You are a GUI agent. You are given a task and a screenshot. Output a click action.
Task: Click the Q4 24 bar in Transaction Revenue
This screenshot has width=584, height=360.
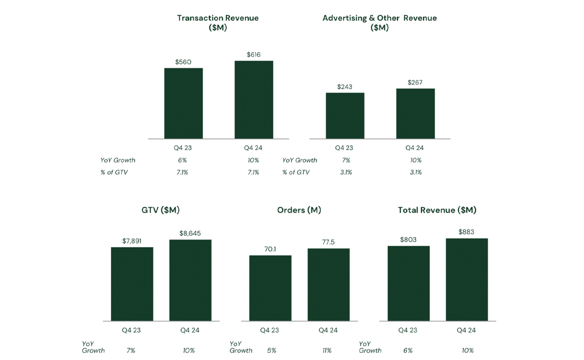point(254,100)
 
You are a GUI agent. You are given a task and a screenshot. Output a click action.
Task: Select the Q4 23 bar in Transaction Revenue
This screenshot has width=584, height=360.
point(183,103)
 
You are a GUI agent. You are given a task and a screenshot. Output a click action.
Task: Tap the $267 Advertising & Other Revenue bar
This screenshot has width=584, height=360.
point(415,113)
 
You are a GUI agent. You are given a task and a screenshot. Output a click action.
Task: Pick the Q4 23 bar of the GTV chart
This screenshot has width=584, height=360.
point(132,284)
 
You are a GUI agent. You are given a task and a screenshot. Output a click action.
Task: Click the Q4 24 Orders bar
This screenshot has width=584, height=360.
point(328,285)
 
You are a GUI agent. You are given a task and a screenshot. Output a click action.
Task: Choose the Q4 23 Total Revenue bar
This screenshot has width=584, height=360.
point(408,283)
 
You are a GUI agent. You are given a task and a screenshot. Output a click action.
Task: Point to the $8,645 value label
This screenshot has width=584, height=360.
point(190,234)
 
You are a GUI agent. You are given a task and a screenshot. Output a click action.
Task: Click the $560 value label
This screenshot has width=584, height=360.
point(183,62)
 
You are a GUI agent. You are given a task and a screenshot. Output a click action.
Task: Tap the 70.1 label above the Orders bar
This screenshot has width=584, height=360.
point(270,249)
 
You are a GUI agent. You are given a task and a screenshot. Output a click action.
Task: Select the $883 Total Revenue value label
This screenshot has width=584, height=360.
point(466,232)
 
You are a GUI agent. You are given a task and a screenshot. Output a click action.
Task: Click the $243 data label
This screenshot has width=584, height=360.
point(345,87)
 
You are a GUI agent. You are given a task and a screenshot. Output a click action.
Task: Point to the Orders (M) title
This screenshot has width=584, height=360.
point(299,210)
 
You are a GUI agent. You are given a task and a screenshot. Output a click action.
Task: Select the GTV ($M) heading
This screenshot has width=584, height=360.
point(161,210)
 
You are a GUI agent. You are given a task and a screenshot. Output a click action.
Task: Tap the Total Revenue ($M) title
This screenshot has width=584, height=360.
point(437,210)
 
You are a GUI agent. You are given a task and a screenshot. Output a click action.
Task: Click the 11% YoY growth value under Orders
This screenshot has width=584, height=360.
point(327,350)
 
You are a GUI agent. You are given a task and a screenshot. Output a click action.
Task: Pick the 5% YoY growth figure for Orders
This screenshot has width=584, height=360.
point(271,350)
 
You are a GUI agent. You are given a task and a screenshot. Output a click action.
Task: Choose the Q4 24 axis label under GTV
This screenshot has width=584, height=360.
point(190,330)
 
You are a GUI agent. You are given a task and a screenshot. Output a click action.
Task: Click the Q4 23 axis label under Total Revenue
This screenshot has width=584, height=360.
point(408,330)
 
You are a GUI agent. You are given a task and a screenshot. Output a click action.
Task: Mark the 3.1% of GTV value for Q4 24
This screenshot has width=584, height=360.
point(416,172)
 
